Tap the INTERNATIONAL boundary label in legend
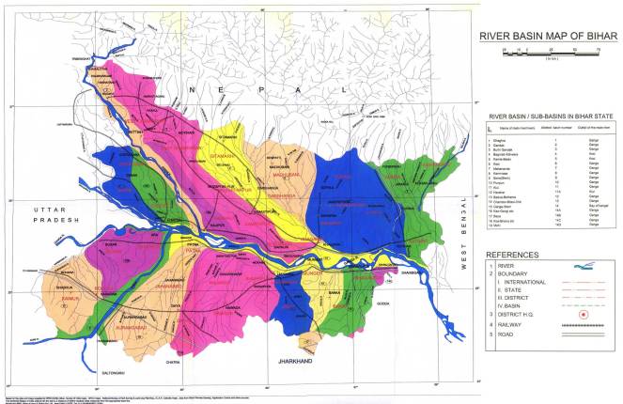[526, 281]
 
